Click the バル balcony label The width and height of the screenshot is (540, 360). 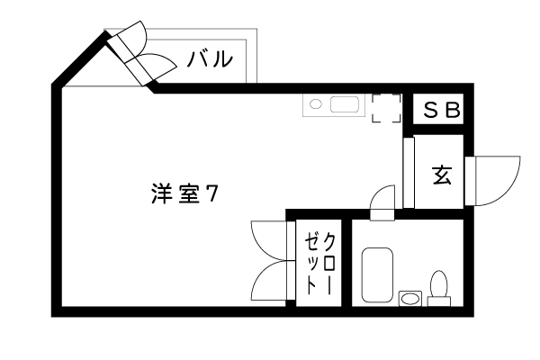[210, 59]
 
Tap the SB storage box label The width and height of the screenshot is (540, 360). [442, 110]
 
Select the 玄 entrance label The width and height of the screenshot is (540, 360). [442, 175]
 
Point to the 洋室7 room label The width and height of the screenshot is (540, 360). [184, 194]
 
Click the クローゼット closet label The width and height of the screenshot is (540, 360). [319, 264]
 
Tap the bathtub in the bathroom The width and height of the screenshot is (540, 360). [377, 274]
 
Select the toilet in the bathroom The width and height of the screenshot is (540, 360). [439, 288]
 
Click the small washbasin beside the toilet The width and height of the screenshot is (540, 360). [410, 298]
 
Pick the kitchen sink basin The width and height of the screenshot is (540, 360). [345, 104]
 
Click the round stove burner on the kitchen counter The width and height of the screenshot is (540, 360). [315, 104]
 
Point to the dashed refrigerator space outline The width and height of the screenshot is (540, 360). [386, 108]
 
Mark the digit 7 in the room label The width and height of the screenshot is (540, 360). [211, 194]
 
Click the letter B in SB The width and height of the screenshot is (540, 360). [454, 110]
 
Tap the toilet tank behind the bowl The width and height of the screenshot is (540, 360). [439, 301]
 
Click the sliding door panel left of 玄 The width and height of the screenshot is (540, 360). [409, 173]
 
